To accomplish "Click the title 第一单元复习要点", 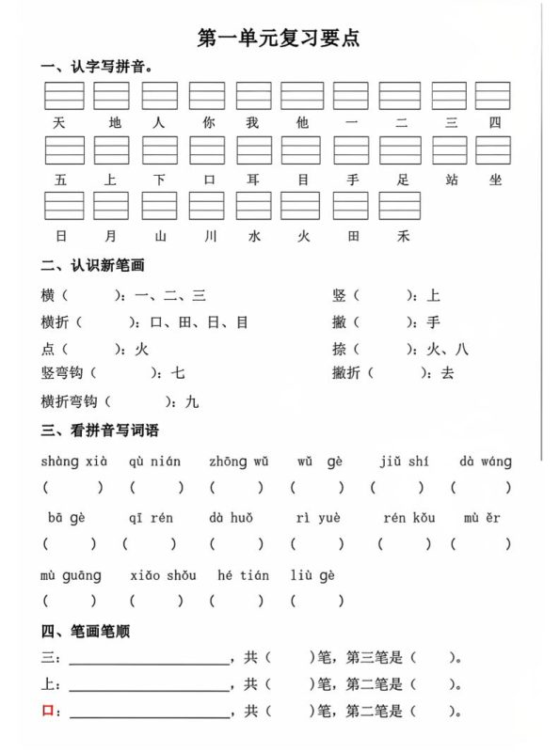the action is (279, 38).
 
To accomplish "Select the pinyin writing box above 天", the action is (63, 96).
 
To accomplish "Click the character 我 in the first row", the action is (253, 123).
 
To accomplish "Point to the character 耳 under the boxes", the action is (253, 179).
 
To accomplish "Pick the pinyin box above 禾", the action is (400, 206).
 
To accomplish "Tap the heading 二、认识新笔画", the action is (93, 266).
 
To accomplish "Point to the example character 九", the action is (191, 401).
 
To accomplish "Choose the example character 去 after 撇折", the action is (447, 373).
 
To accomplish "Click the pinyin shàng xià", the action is (74, 462).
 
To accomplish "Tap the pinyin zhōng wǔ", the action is (239, 462).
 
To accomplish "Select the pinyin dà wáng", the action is (486, 462).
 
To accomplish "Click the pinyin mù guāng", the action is (71, 575).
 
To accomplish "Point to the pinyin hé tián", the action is (242, 575).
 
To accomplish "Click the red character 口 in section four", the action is (47, 712).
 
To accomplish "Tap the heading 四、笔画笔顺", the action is (86, 632).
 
